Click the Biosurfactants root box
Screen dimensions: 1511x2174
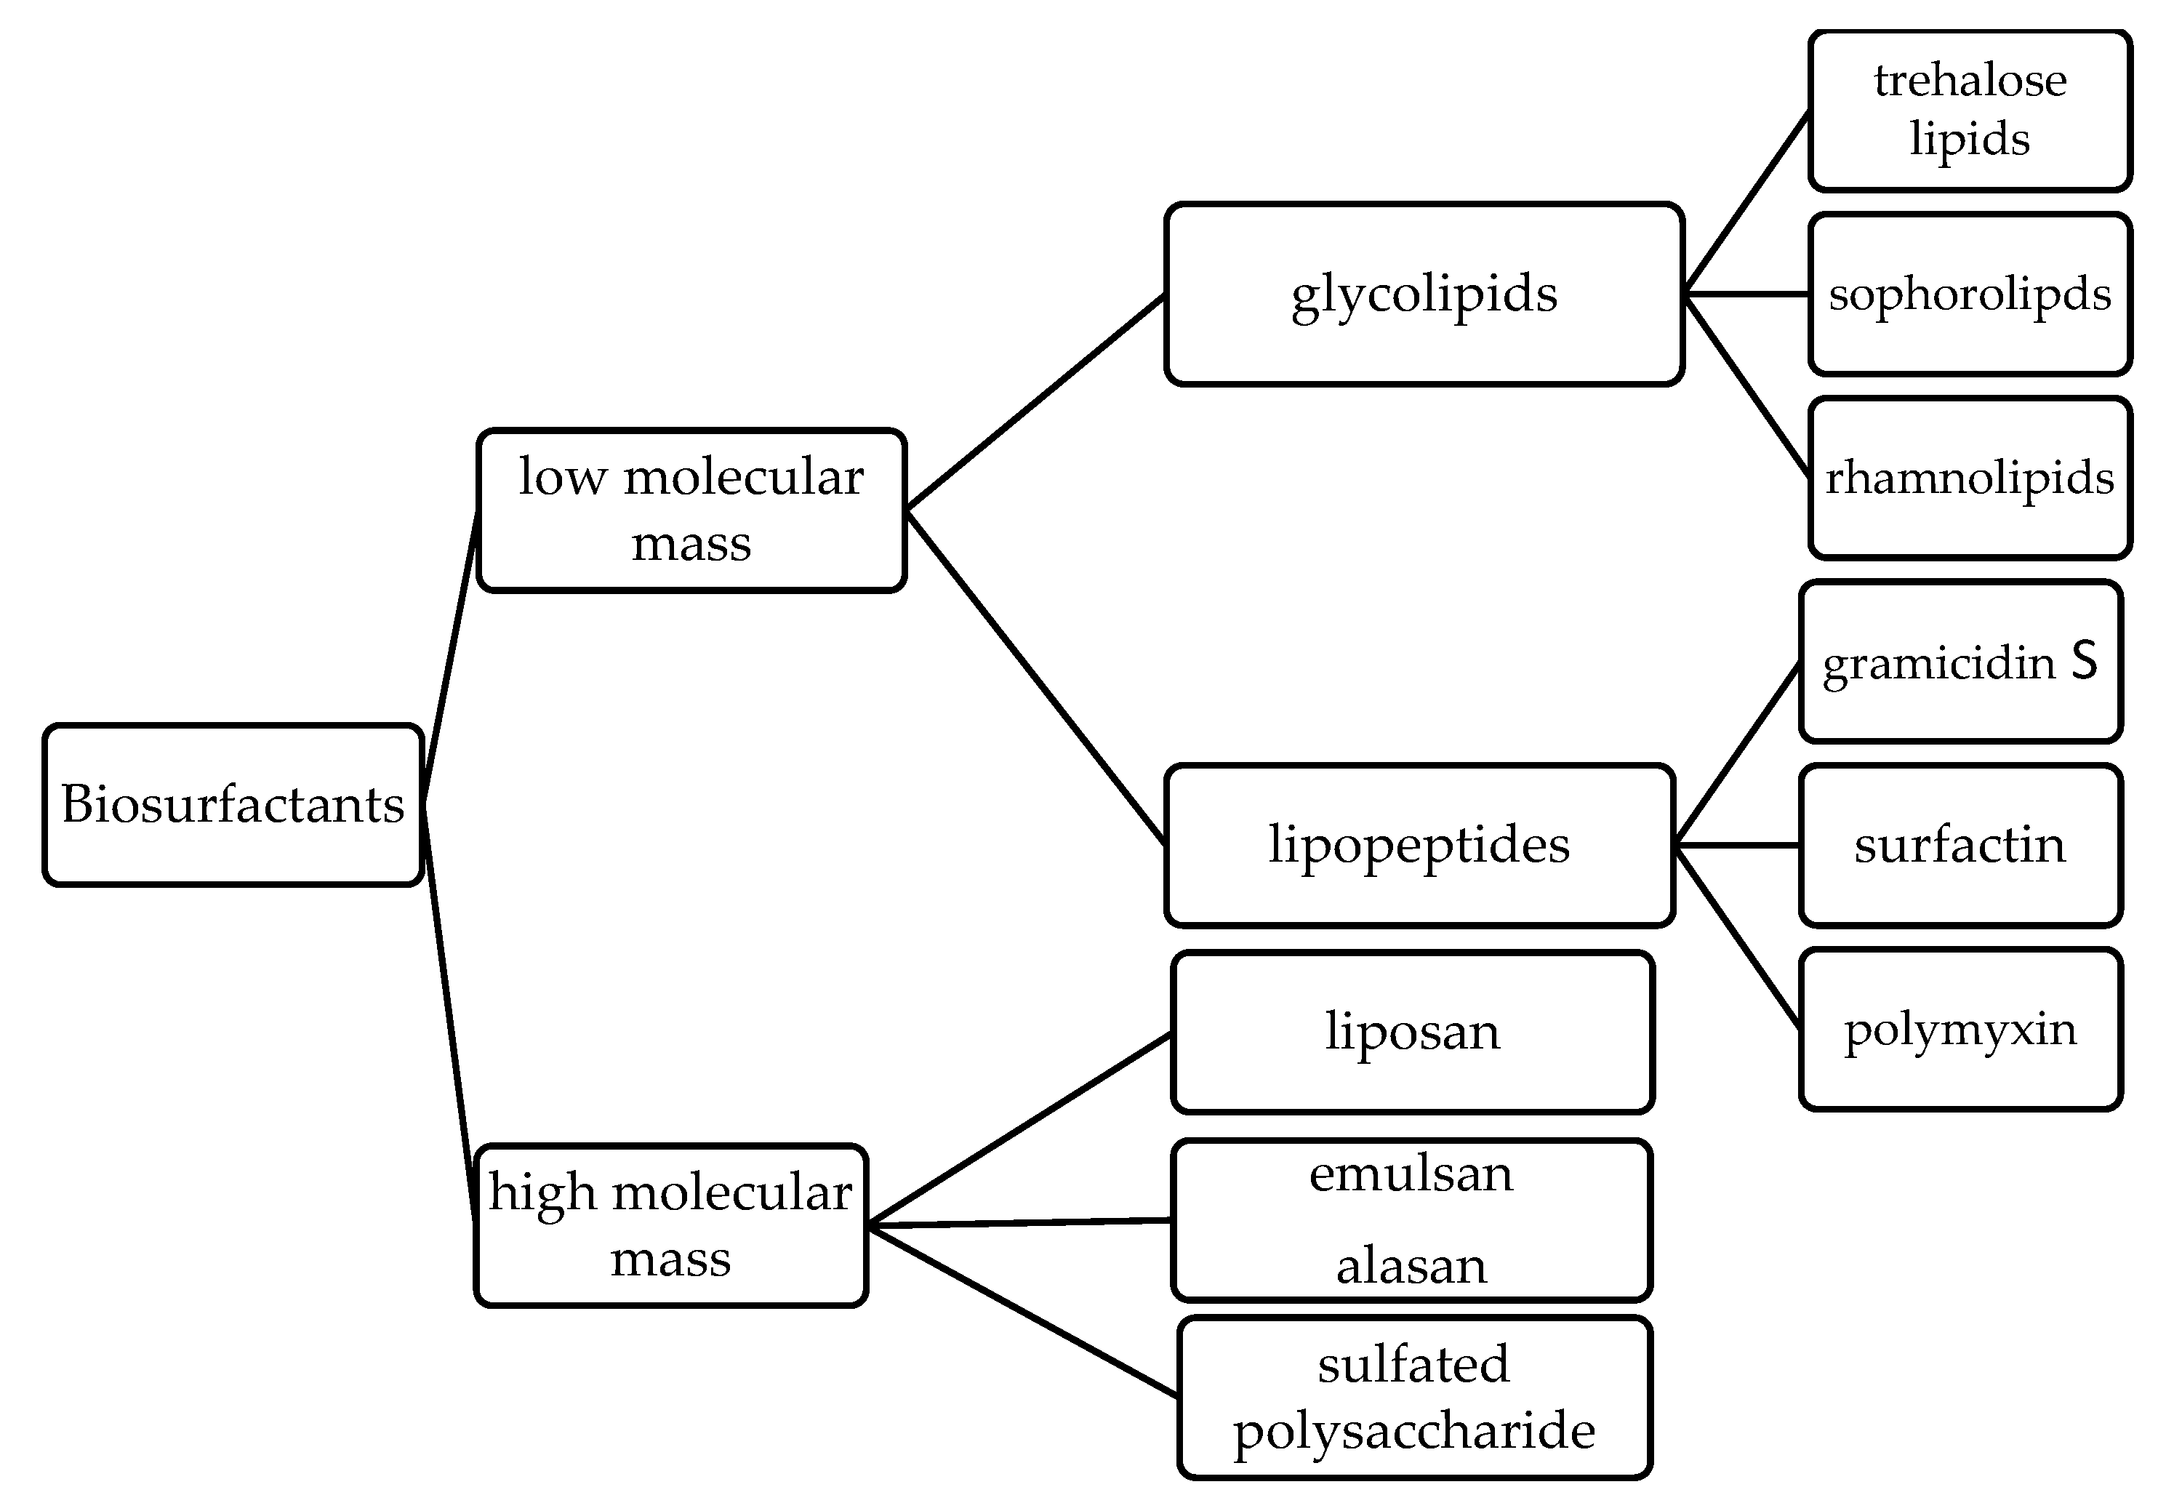pos(232,805)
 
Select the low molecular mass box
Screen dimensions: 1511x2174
pos(691,510)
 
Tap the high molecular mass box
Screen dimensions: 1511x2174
pos(670,1225)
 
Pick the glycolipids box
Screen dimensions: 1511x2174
pos(1424,294)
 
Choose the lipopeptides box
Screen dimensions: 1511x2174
pos(1419,844)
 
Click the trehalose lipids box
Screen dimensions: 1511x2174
pos(1970,111)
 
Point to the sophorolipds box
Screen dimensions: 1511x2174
pos(1970,294)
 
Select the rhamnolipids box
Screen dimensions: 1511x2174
pos(1970,477)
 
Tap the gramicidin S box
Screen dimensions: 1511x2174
pos(1960,661)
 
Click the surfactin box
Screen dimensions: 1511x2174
pos(1960,844)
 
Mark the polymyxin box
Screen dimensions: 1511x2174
pos(1960,1028)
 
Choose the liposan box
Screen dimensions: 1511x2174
pos(1412,1032)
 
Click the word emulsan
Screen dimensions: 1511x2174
pos(1411,1174)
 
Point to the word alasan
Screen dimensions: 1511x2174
pos(1411,1266)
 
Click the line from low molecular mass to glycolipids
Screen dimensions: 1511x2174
pos(1035,402)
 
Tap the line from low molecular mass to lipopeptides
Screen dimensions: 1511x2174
pos(1035,676)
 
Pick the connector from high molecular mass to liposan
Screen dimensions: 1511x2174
pos(1019,1129)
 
